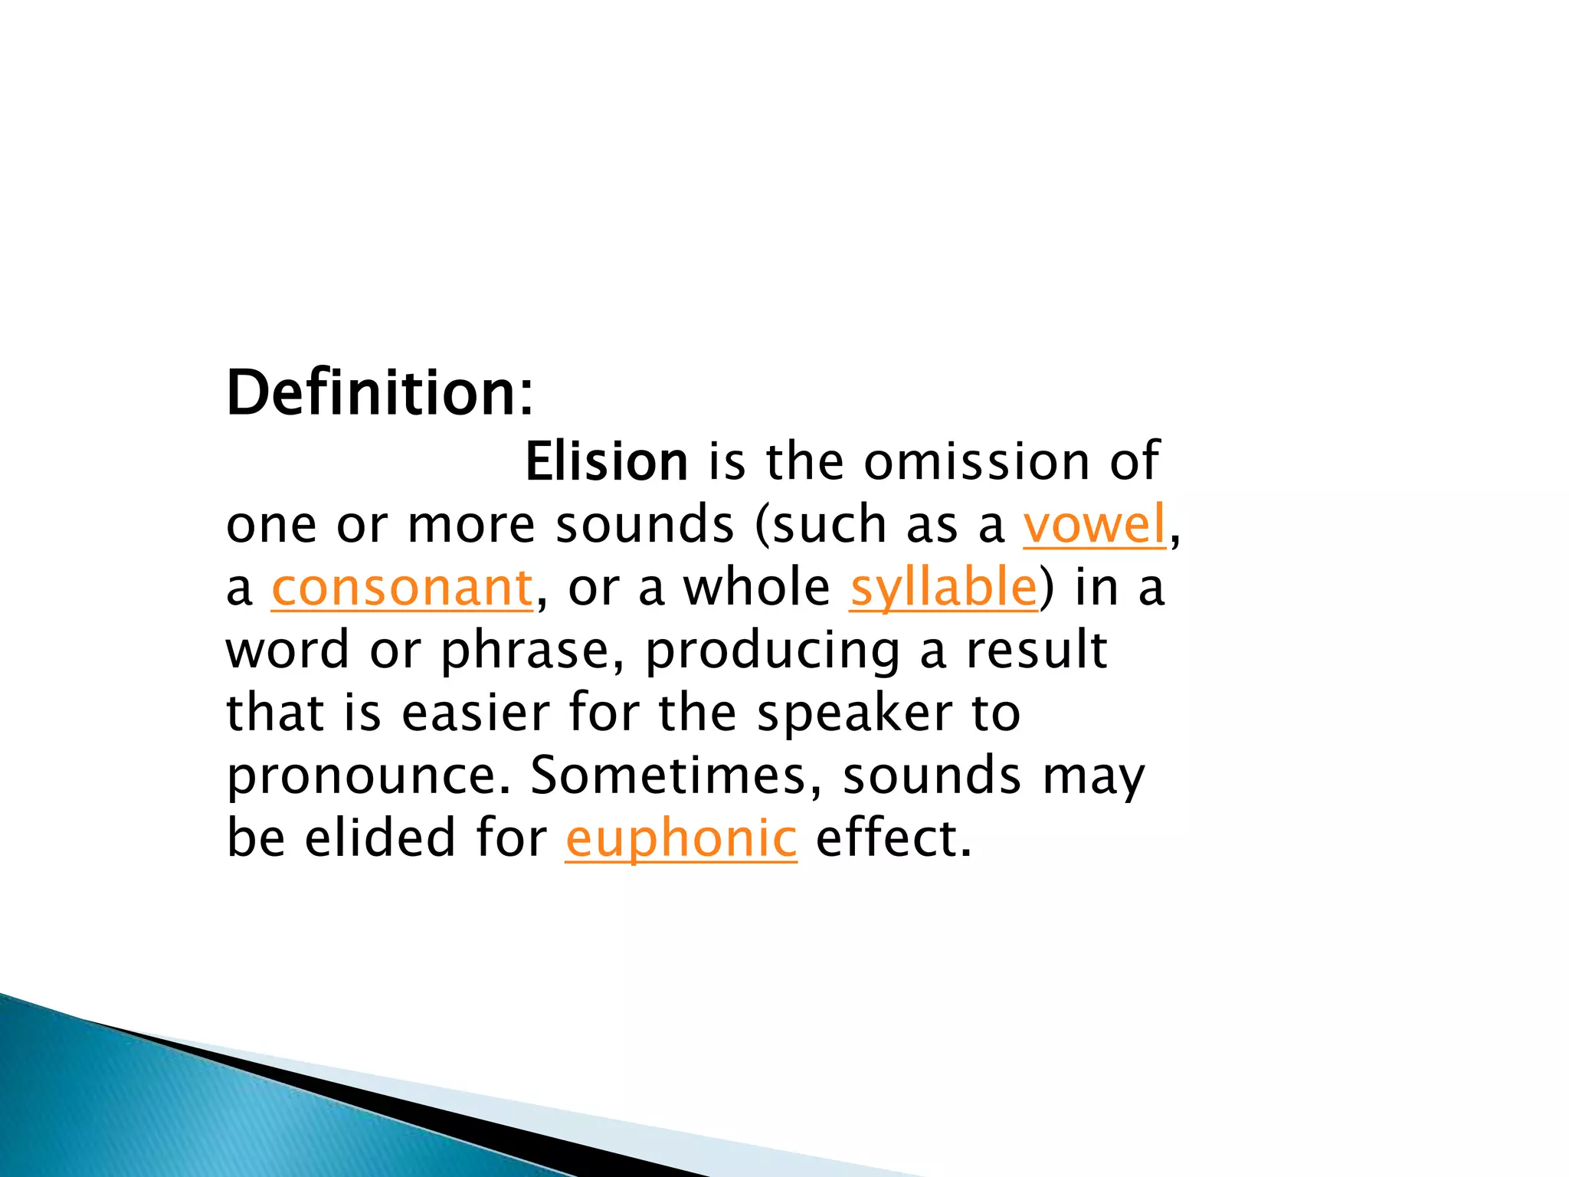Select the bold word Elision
click(x=606, y=462)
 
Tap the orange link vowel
click(x=1094, y=525)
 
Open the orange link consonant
click(x=402, y=588)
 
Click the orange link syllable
click(x=943, y=588)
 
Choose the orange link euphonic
click(x=681, y=838)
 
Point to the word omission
click(x=976, y=462)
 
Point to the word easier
click(x=475, y=713)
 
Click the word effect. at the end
click(x=893, y=838)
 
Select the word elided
click(x=380, y=838)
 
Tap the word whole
click(x=755, y=588)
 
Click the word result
click(x=1036, y=651)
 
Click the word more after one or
click(x=470, y=525)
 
